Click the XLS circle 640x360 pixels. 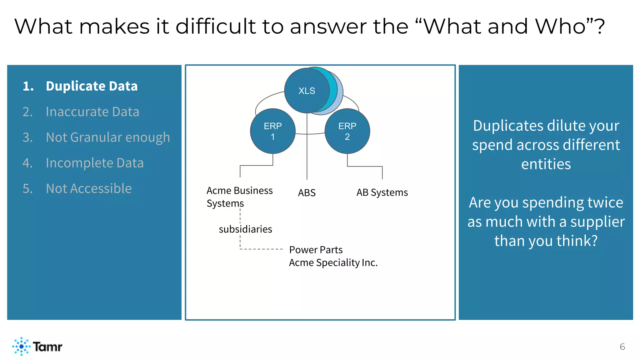(x=307, y=91)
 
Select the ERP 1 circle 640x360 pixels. (x=272, y=131)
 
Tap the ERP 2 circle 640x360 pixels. (x=347, y=131)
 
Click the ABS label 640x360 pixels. (x=307, y=193)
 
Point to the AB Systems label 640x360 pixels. (x=382, y=192)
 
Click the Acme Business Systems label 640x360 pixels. (x=239, y=197)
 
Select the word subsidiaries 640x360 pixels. (x=245, y=229)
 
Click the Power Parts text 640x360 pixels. (x=316, y=250)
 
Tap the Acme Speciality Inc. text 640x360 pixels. (x=333, y=262)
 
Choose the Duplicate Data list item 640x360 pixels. (x=92, y=86)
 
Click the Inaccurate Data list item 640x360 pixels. (x=92, y=112)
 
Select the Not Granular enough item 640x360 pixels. (x=107, y=137)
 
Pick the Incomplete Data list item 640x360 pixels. (x=94, y=163)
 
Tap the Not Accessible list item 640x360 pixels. (x=88, y=188)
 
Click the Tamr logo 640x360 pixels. (x=37, y=346)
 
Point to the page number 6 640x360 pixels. (x=622, y=347)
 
